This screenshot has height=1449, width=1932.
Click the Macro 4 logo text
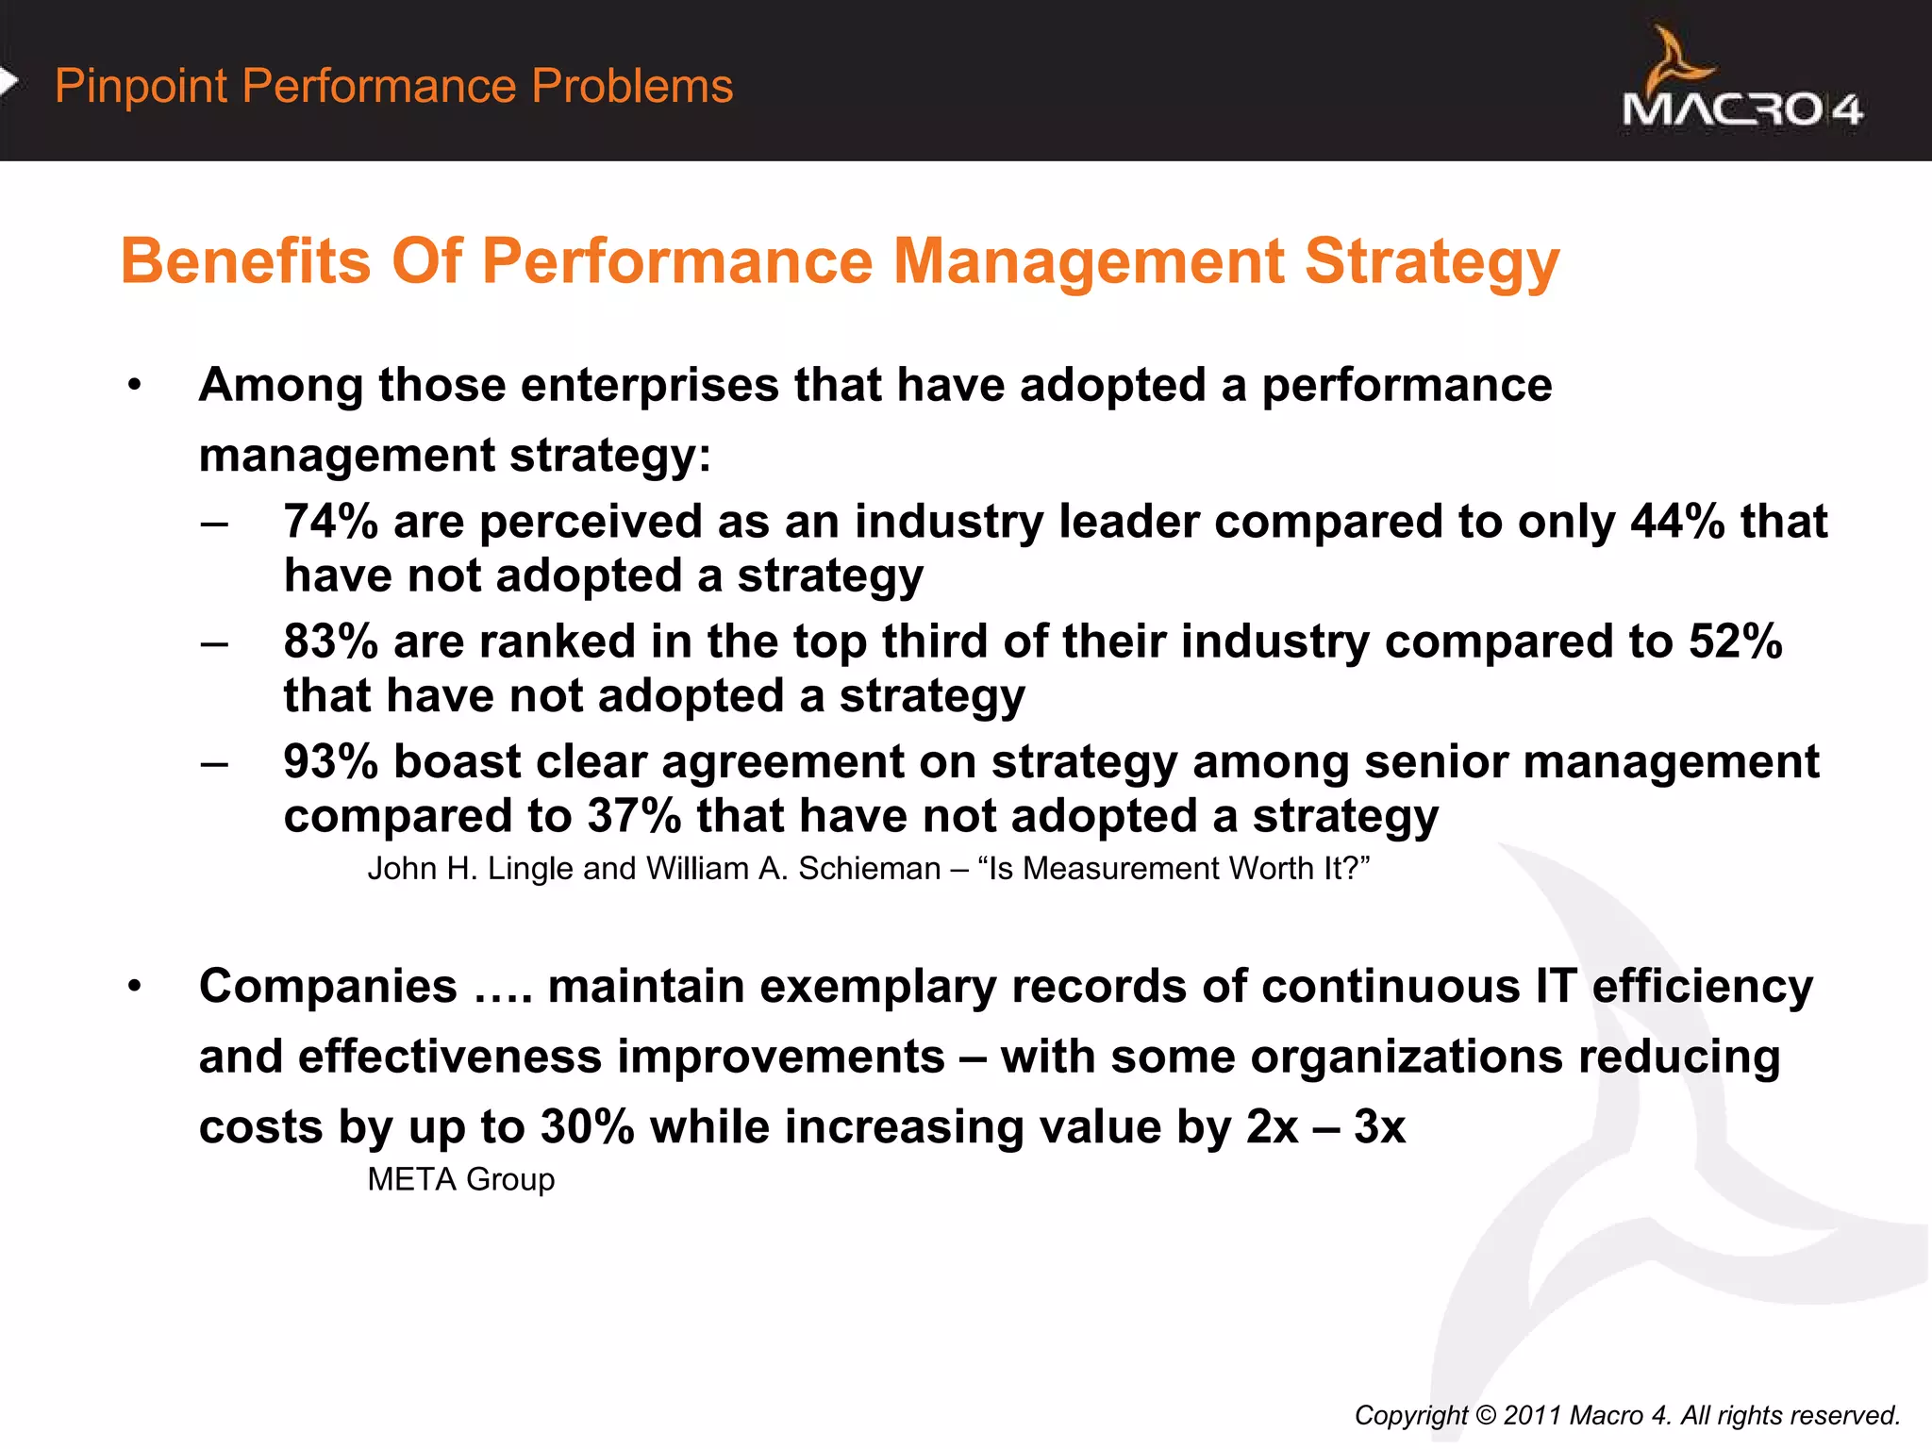[1741, 109]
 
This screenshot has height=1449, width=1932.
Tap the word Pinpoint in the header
[142, 87]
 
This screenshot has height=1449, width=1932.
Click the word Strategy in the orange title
[1431, 261]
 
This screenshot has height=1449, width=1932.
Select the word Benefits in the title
[245, 261]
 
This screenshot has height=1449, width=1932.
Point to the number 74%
[330, 522]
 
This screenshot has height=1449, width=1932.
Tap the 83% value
[330, 641]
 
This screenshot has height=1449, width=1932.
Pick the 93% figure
[330, 762]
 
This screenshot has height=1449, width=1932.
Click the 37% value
[633, 816]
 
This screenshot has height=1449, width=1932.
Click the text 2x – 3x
[1324, 1127]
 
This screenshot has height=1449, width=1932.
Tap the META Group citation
[460, 1179]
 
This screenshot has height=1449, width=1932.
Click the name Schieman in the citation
[869, 869]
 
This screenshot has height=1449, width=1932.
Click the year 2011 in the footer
[1532, 1415]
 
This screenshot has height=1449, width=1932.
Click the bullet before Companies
[135, 987]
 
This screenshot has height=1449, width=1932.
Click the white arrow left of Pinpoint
[8, 82]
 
